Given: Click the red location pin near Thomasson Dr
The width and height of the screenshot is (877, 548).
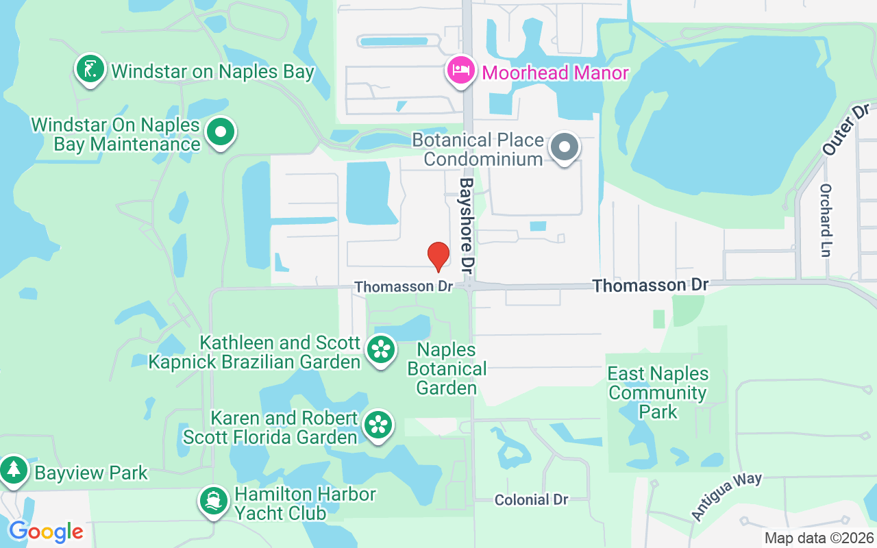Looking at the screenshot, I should (438, 256).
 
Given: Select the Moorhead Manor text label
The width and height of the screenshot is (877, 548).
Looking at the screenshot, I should (555, 73).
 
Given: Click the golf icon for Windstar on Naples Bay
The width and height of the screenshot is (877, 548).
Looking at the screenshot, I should (90, 68).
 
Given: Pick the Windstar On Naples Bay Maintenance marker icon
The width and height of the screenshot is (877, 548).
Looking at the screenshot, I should (221, 132).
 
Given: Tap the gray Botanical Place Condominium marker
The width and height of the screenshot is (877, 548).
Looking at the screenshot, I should (565, 147).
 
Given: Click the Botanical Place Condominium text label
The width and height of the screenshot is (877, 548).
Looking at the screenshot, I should (484, 150).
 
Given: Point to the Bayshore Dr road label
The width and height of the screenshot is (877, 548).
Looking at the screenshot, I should (467, 223).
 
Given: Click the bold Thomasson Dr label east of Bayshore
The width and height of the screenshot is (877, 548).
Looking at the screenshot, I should (650, 285).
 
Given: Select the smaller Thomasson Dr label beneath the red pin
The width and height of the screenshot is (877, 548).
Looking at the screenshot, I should (404, 286).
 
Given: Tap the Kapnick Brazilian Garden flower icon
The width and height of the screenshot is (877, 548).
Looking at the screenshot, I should (380, 349).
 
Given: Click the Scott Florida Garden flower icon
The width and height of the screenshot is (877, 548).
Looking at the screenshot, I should (378, 425).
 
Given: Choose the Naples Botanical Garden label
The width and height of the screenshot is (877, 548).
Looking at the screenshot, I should (447, 369).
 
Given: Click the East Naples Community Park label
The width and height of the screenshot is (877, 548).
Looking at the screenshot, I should (658, 393).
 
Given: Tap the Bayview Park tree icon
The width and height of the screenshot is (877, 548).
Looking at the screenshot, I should (13, 470).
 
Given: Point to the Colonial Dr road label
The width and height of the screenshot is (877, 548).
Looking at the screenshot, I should (532, 500).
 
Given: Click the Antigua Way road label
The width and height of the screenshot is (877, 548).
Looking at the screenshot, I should (726, 496).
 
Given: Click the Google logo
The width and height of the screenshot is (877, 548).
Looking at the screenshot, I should (46, 532).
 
